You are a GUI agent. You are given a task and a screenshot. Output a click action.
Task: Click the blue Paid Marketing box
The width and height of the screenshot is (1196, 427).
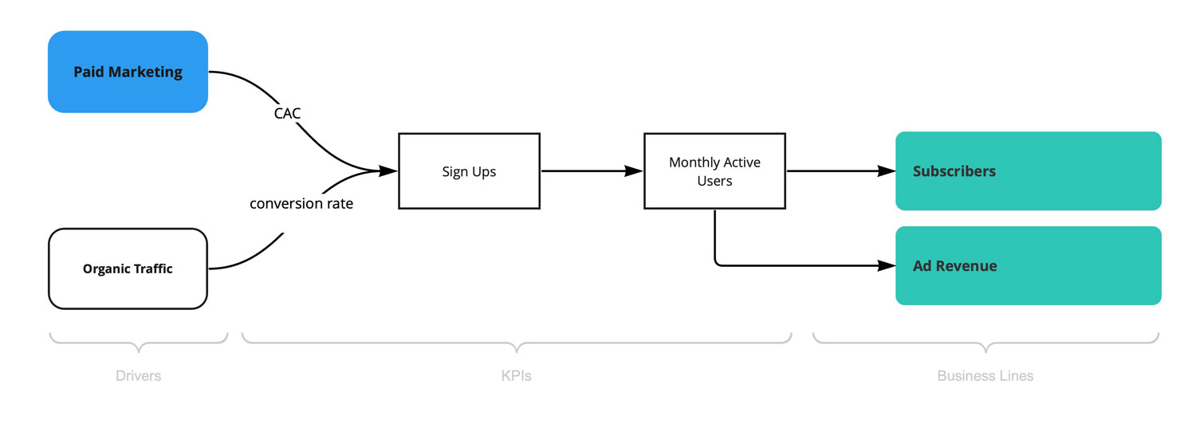(128, 72)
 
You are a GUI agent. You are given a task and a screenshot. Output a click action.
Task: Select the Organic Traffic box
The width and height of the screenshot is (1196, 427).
(128, 268)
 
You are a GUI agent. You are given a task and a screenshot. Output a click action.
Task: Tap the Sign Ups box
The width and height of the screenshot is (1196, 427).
(469, 171)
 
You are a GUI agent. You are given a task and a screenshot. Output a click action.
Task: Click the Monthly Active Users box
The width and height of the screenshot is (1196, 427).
(714, 171)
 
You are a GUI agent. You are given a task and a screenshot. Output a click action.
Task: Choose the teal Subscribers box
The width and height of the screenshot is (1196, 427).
(1028, 171)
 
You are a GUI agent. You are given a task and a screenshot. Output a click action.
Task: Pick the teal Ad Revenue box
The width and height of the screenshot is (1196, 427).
(1028, 265)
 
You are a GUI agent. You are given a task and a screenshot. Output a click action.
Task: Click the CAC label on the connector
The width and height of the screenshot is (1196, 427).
(287, 114)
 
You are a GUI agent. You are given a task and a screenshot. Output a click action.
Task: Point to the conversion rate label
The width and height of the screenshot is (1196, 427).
(301, 204)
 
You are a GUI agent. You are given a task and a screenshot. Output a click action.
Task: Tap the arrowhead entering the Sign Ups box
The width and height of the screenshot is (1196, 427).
(388, 170)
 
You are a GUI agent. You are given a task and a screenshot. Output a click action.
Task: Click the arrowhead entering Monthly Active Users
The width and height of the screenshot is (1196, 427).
(634, 170)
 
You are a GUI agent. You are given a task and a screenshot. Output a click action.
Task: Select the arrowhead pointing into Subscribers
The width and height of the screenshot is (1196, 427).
(887, 170)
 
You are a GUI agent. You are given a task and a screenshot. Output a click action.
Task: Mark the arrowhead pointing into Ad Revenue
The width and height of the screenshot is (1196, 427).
(887, 265)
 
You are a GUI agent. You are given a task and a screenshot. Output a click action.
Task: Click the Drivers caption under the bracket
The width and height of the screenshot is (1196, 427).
(138, 376)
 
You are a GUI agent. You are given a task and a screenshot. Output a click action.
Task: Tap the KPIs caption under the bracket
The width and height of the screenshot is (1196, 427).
(516, 376)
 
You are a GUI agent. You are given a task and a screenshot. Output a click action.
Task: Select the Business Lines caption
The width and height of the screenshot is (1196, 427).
(986, 376)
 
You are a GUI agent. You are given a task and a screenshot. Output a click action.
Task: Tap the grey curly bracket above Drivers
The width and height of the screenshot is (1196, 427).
(138, 343)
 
